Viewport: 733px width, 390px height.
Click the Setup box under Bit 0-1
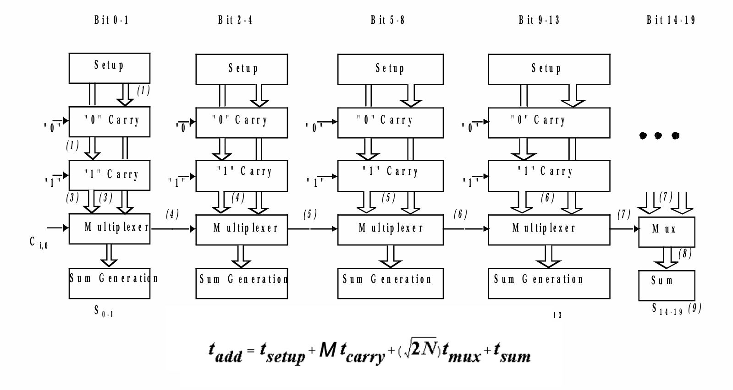110,68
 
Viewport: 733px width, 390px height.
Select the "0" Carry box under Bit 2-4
242,123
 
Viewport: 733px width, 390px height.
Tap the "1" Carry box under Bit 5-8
391,176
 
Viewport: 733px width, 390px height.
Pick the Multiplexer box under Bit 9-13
549,230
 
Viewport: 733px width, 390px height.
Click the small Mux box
667,232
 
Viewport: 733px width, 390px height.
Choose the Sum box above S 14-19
667,286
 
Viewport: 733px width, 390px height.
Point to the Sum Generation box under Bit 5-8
391,283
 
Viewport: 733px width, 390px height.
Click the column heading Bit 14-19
671,20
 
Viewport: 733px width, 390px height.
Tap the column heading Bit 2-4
235,20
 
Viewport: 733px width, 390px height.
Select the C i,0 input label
39,243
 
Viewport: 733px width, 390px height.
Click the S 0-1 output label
104,311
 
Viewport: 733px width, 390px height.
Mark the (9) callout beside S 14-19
694,308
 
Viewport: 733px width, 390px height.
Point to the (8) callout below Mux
685,254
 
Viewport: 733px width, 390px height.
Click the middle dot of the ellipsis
658,135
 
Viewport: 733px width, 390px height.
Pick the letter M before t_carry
328,350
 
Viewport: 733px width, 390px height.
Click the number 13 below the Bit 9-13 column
557,315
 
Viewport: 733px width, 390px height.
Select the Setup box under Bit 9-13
549,69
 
